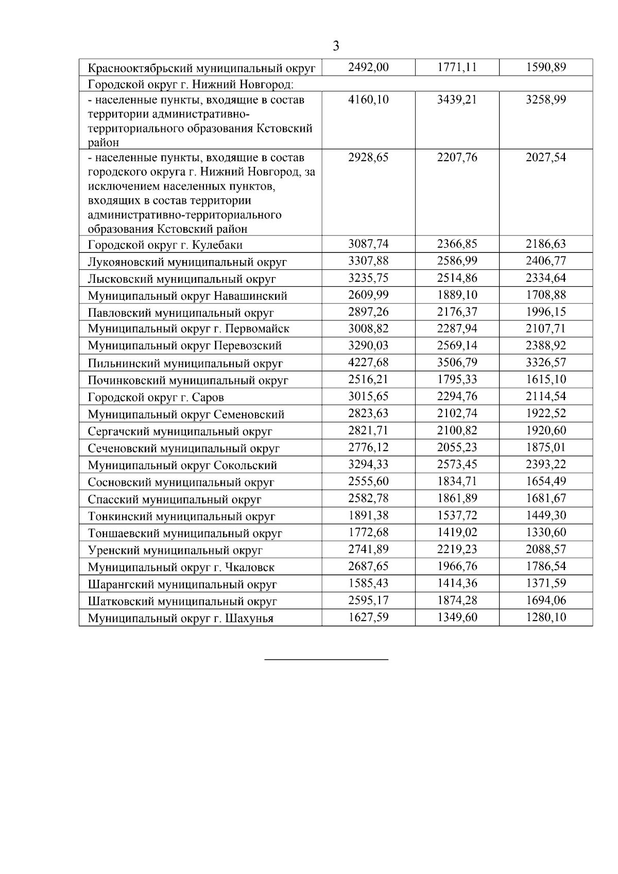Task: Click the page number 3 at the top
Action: (x=336, y=46)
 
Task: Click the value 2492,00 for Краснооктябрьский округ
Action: (x=368, y=67)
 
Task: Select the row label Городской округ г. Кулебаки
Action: (x=165, y=245)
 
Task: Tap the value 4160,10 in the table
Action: (x=368, y=99)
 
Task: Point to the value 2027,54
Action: (x=545, y=157)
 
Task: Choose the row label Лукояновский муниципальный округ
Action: (x=187, y=262)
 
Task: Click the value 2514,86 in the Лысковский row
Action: (x=457, y=278)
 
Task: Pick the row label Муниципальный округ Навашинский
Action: (x=187, y=296)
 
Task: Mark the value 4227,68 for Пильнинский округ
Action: (x=368, y=363)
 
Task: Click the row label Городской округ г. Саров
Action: (x=156, y=398)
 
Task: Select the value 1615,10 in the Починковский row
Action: (x=545, y=380)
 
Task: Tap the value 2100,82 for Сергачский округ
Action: (x=457, y=431)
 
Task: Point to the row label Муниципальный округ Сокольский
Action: (x=182, y=466)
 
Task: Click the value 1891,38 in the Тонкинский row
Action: (x=368, y=516)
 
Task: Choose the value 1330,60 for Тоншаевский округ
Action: (x=545, y=533)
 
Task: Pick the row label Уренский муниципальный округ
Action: (x=175, y=550)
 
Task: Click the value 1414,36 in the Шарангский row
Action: (x=457, y=584)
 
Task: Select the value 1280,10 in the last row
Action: (x=545, y=618)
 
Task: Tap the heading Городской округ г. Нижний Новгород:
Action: (x=191, y=83)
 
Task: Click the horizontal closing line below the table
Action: (x=326, y=659)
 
